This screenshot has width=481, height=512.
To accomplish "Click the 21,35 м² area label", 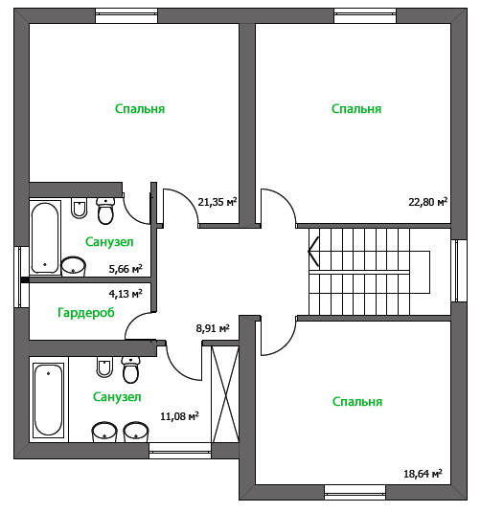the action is click(218, 202).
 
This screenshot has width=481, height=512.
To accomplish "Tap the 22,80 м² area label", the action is click(427, 202).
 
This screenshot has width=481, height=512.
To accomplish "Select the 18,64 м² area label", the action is click(423, 474).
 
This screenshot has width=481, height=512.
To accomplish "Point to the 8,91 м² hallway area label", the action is click(213, 328).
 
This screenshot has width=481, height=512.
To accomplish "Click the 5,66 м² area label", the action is click(126, 269).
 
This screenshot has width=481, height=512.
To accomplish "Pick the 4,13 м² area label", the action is click(126, 294).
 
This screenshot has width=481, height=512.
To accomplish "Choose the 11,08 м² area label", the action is click(179, 416).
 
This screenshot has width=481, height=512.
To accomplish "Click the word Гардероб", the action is click(86, 313).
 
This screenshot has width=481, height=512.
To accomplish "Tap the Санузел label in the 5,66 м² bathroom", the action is click(109, 242).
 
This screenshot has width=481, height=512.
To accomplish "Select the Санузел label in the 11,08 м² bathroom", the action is click(117, 397).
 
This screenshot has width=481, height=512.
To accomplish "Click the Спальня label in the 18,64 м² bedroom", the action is click(357, 402).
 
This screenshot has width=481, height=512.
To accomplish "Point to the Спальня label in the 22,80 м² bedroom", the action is click(356, 109).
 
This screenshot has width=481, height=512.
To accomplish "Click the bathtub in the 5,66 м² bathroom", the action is click(45, 237).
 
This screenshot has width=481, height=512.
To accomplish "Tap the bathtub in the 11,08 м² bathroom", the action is click(49, 400).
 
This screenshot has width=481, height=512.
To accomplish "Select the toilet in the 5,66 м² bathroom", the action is click(105, 211).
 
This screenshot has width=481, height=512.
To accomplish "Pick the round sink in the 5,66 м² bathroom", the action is click(74, 266).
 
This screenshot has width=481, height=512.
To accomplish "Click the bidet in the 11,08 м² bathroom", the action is click(104, 367).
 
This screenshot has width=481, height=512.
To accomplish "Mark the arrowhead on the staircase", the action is click(313, 252).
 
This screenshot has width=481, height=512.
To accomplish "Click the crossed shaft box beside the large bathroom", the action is click(225, 394).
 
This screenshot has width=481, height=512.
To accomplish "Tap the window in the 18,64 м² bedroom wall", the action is click(355, 493).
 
